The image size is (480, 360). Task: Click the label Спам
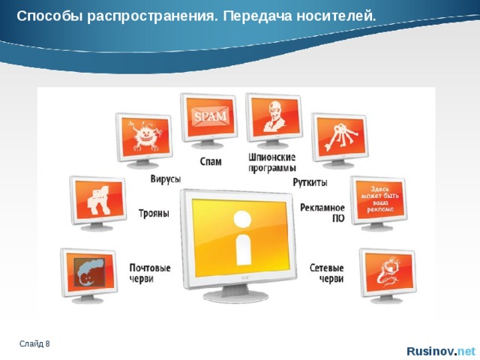click(211, 161)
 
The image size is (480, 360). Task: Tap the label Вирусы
click(164, 180)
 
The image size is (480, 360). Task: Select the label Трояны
click(154, 213)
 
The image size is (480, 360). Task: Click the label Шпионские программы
click(271, 162)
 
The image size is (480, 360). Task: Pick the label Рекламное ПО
click(322, 212)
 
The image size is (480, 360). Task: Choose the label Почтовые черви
click(149, 273)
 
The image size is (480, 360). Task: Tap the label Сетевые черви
click(327, 273)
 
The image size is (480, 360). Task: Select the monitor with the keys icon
click(339, 137)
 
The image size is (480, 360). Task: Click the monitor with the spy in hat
click(272, 118)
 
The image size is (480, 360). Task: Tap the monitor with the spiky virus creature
click(142, 137)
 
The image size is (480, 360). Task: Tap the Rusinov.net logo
click(440, 351)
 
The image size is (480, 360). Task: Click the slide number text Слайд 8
click(35, 343)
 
